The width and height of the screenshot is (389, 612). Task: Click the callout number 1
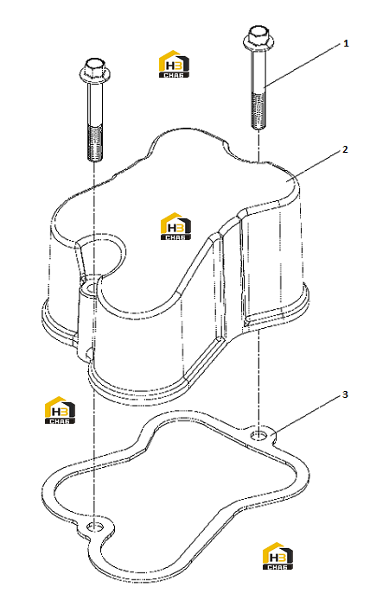point(346,43)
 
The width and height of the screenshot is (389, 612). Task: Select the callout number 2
point(345,149)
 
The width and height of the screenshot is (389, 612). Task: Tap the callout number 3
point(345,394)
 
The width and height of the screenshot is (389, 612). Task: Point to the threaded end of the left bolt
point(95,142)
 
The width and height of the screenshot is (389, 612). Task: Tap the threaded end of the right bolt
point(258,110)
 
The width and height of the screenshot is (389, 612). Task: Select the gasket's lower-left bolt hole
point(94,527)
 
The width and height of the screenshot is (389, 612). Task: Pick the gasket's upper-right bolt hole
point(258,434)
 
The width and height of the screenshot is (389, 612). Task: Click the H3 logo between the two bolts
point(174,64)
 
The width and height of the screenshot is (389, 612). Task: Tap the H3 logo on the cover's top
point(176,226)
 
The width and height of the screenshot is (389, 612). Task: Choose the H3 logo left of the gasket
point(60,410)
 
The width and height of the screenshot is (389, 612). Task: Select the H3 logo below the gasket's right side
point(277,556)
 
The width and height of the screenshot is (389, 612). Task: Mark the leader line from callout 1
point(302,65)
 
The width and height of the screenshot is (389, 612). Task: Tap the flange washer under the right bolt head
point(258,40)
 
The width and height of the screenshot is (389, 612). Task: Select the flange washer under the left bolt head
point(95,73)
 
